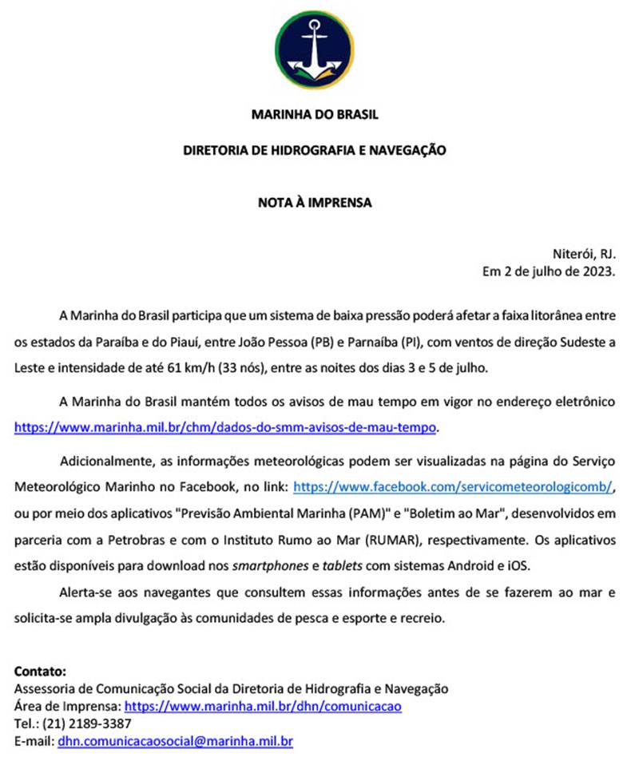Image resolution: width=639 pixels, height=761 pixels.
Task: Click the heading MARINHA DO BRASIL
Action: click(315, 114)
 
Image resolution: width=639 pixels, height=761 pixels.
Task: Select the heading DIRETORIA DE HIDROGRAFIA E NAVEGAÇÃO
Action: click(315, 149)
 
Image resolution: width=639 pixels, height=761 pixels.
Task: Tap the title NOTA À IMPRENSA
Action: click(315, 203)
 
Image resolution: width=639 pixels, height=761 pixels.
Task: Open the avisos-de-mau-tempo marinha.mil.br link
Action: click(226, 427)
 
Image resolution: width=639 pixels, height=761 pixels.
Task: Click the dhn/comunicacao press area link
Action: click(264, 707)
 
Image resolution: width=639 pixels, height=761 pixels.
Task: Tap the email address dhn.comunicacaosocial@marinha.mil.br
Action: click(175, 742)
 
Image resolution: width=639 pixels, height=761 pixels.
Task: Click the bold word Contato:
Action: click(41, 671)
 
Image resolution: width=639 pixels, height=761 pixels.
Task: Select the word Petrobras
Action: click(141, 539)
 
